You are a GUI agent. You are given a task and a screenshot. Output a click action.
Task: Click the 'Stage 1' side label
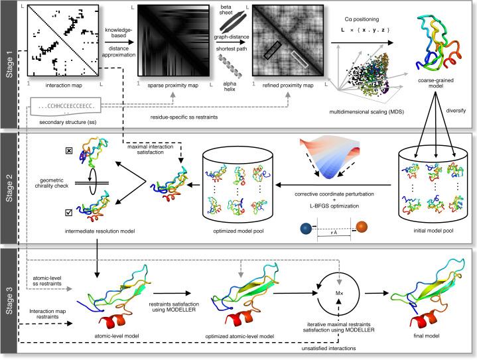click(9, 64)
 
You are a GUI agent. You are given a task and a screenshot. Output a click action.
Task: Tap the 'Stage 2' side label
click(9, 188)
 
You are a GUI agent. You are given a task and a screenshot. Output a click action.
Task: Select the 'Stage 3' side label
click(9, 302)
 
